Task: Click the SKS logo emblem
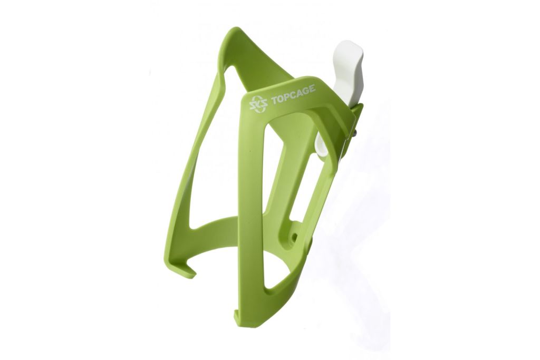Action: tap(257, 103)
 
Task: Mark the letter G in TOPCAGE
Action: tap(306, 91)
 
